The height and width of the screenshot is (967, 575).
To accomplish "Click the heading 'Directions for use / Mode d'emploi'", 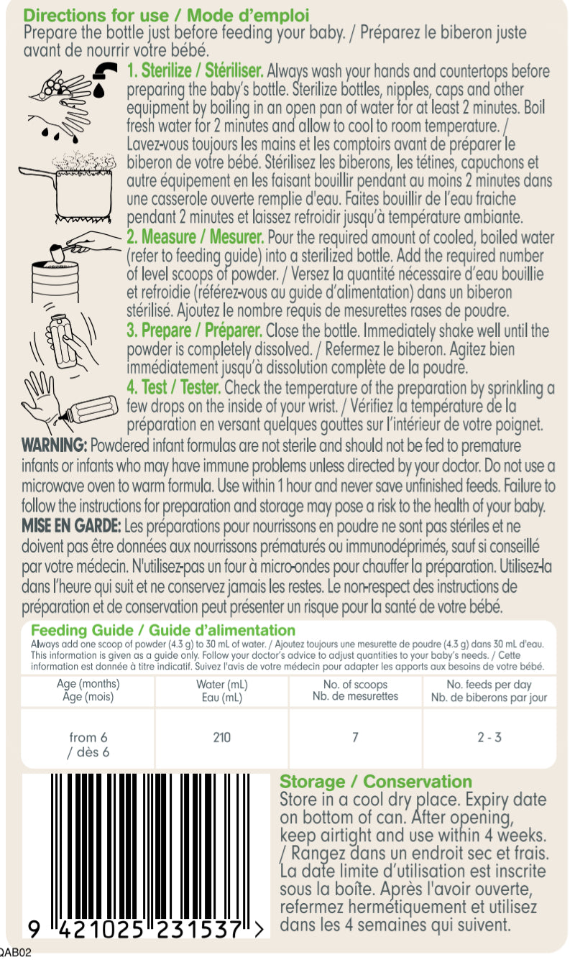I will [166, 15].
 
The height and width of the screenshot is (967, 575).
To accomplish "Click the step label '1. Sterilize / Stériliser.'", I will [195, 72].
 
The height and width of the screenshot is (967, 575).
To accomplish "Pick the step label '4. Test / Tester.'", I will [173, 388].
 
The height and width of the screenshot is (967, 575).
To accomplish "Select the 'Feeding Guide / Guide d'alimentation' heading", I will [163, 630].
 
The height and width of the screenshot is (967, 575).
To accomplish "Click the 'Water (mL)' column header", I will [221, 685].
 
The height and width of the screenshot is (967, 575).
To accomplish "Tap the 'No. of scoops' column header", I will [355, 685].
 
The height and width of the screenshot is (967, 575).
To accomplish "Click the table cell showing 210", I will [222, 737].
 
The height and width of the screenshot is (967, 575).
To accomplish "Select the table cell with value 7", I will [355, 737].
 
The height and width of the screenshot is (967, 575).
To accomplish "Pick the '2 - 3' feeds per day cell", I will [489, 737].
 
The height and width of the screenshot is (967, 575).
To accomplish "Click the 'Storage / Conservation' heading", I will [376, 782].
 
